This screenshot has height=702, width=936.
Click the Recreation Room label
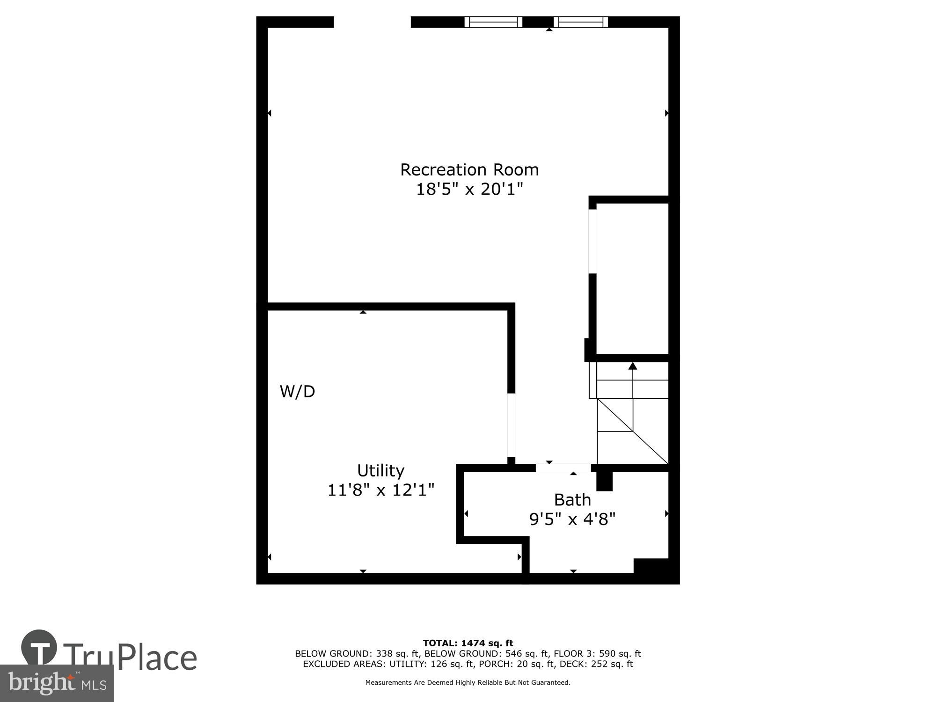click(469, 169)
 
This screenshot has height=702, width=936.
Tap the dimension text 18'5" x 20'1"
click(469, 189)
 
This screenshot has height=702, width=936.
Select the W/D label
click(297, 391)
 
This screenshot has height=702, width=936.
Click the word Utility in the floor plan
click(380, 470)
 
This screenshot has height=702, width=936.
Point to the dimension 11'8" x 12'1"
click(380, 490)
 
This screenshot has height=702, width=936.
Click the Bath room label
click(572, 500)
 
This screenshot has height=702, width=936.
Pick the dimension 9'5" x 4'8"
click(572, 519)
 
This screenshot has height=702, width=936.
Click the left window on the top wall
click(493, 22)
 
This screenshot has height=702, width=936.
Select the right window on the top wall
click(580, 22)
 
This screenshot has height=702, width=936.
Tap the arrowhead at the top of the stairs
click(633, 366)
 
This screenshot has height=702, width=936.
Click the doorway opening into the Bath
click(563, 468)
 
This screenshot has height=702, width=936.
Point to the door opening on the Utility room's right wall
click(512, 425)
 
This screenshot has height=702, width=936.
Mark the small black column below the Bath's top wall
click(604, 481)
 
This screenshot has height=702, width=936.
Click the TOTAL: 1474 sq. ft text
click(468, 643)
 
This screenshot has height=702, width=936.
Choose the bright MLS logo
click(57, 683)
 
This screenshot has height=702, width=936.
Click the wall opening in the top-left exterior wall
click(372, 22)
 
